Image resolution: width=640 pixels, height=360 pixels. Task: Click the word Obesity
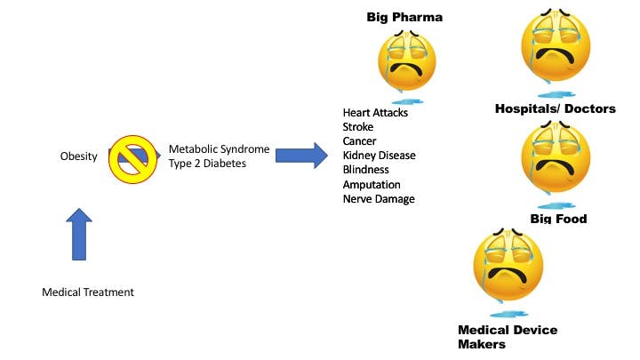pos(78,156)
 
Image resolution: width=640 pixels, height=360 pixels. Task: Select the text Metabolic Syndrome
pos(219,148)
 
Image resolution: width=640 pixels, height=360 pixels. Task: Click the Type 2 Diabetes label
pos(207,164)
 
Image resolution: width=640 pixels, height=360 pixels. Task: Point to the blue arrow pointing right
pos(300,156)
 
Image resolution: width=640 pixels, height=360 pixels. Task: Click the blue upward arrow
pos(79,234)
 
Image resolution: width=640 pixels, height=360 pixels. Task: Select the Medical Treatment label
pos(88,292)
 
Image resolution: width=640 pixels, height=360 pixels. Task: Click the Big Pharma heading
pos(404,17)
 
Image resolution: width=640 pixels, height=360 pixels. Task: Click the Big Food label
pos(558,219)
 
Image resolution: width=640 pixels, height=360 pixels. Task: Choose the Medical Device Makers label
pos(508,337)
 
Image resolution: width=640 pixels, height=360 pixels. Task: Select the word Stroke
pos(358,127)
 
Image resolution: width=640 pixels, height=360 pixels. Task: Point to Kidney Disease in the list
pos(379,156)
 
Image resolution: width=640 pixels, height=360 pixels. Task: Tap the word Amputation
pos(372,184)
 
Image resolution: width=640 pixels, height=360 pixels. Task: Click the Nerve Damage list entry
pos(379,199)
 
